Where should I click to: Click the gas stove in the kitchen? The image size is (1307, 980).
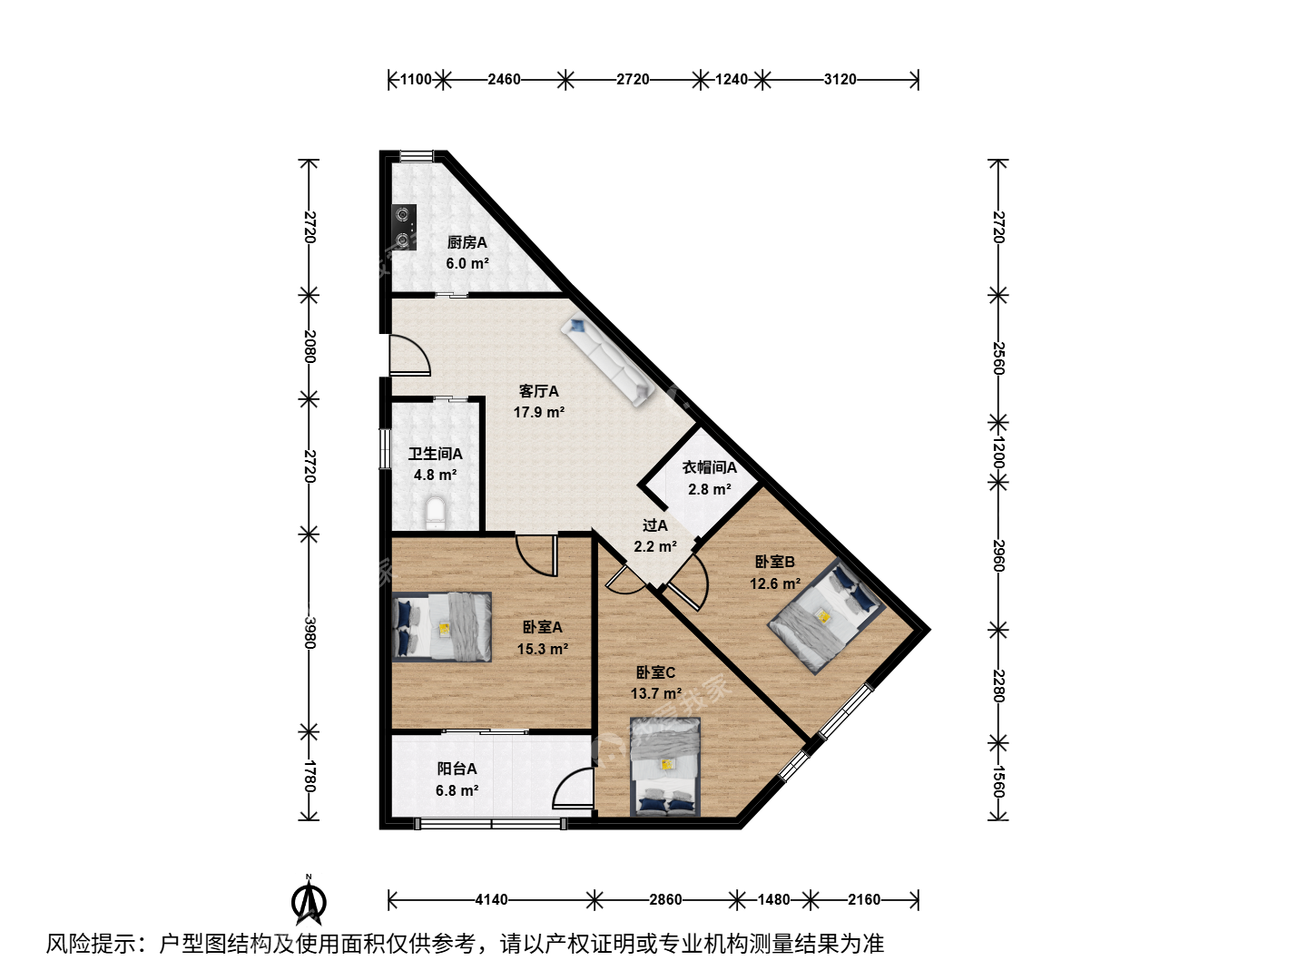point(404,227)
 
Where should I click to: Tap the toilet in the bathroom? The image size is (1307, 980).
point(436,514)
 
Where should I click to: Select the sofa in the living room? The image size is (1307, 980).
point(608,361)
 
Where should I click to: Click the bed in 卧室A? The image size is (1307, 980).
point(442,626)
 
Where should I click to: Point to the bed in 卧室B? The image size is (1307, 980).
point(826,616)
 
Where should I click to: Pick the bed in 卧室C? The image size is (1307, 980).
point(665,767)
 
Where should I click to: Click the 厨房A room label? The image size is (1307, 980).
point(467,243)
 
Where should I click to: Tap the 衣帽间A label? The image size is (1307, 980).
point(709,467)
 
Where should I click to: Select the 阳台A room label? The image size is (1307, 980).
point(457,769)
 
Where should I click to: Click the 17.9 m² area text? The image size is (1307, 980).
point(539,412)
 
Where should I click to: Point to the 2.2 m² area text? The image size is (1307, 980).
point(655,546)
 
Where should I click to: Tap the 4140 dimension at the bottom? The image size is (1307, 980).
point(491,899)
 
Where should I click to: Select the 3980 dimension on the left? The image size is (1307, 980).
point(309,632)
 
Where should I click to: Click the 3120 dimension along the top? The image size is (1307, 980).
point(840,79)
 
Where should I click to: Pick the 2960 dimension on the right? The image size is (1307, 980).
point(998,555)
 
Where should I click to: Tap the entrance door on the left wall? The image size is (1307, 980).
point(409,356)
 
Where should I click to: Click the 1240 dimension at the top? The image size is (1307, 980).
point(732,79)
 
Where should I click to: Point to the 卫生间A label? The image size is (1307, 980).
point(436,454)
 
